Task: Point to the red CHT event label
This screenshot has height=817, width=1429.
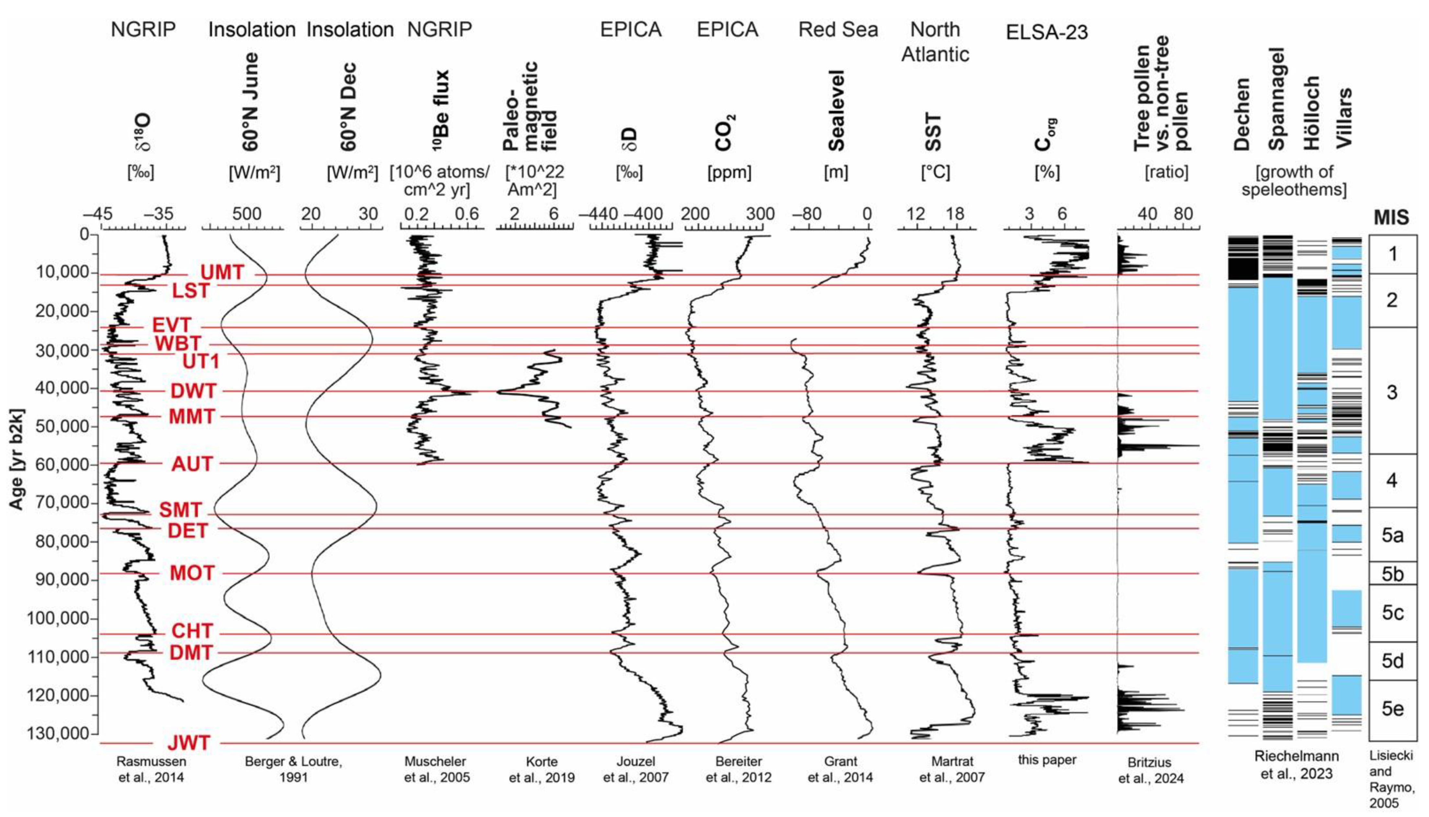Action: pyautogui.click(x=192, y=631)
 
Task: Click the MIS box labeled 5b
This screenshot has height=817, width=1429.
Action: pyautogui.click(x=1392, y=573)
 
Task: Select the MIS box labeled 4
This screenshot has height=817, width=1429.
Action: pyautogui.click(x=1392, y=481)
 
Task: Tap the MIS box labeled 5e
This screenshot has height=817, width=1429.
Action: pyautogui.click(x=1392, y=709)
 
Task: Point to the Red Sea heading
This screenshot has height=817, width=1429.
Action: pyautogui.click(x=838, y=29)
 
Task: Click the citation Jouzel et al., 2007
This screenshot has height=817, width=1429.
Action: pyautogui.click(x=635, y=769)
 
